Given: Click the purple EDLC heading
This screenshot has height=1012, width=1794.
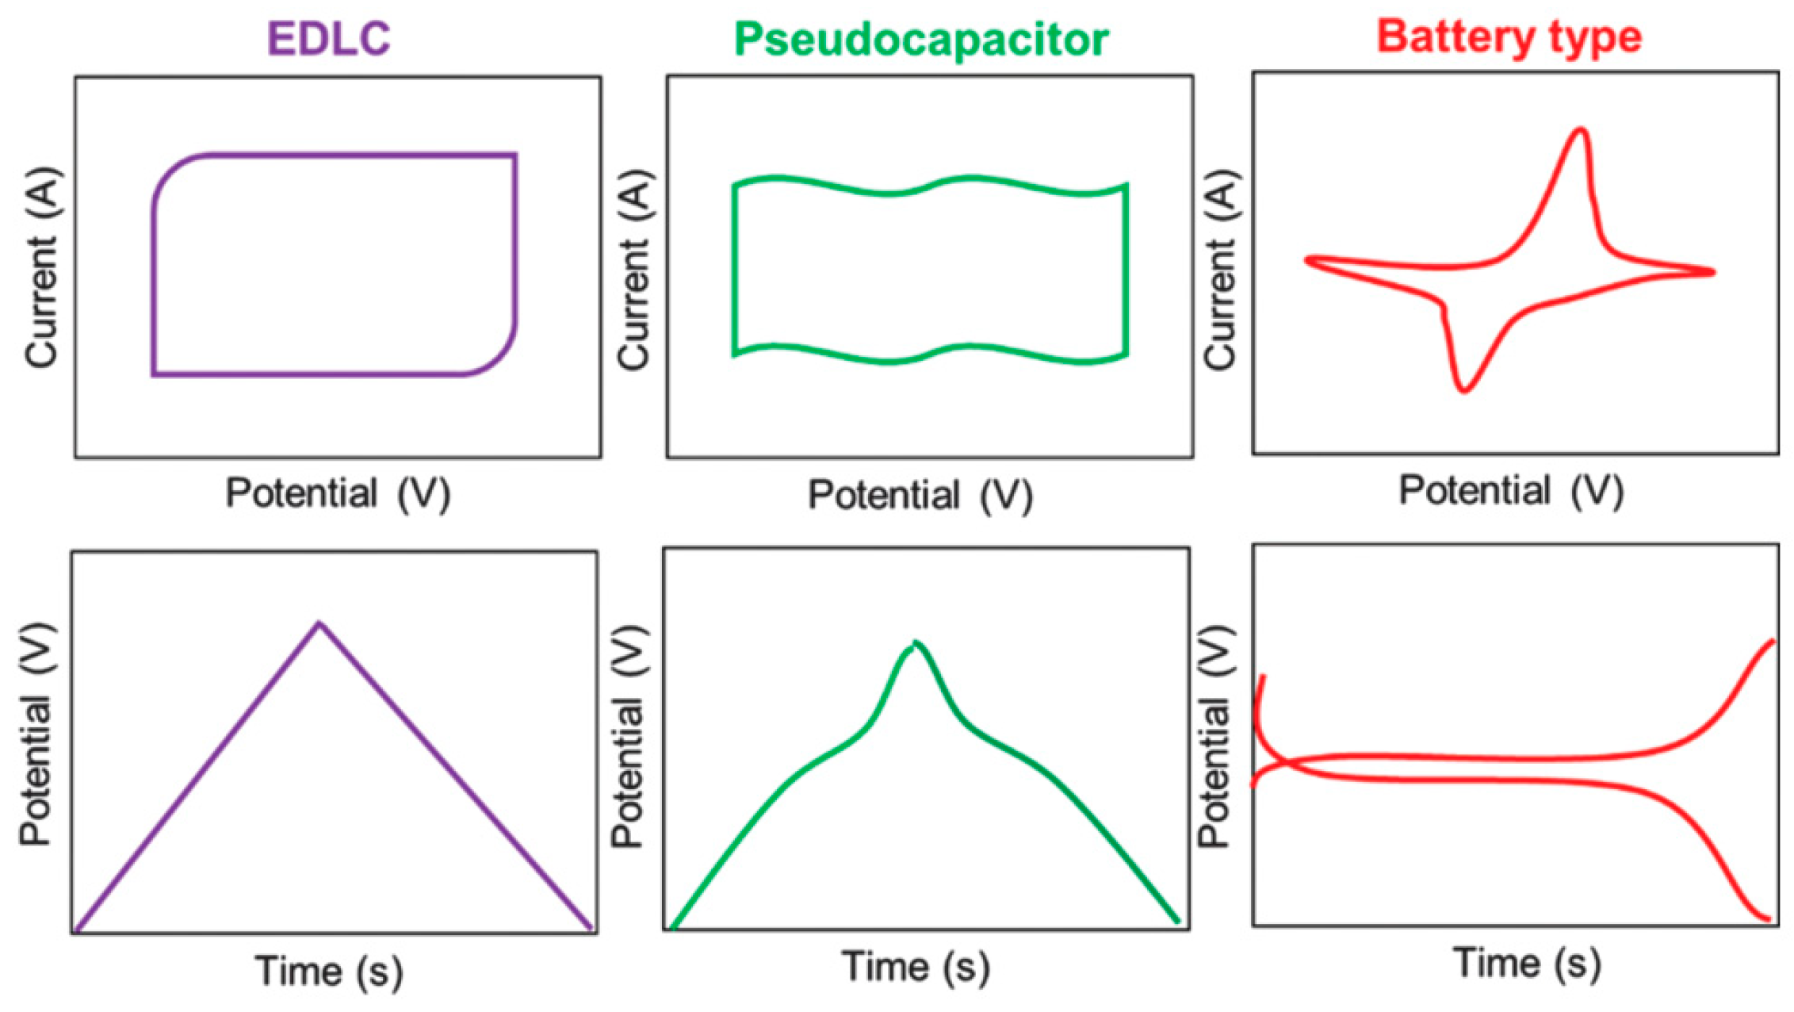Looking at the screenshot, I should click(x=329, y=37).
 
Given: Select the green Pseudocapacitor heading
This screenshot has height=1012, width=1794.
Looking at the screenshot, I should click(x=920, y=39).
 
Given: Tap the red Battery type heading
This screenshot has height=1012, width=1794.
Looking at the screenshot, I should click(x=1509, y=36).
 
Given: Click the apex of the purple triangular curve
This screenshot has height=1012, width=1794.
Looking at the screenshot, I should click(x=319, y=623).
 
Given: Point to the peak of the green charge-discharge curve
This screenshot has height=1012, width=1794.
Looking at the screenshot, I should click(x=916, y=642).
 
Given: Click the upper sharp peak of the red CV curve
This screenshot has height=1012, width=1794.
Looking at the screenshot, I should click(x=1581, y=130).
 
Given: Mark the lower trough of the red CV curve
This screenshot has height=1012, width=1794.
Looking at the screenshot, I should click(x=1463, y=389).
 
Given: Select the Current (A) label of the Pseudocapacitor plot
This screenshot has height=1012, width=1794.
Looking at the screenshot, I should click(x=633, y=270).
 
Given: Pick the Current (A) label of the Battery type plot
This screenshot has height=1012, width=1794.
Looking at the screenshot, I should click(x=1220, y=270).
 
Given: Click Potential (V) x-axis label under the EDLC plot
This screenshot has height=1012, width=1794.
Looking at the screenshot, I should click(x=338, y=493).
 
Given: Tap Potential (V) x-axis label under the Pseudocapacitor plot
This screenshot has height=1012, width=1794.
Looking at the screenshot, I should click(x=920, y=496).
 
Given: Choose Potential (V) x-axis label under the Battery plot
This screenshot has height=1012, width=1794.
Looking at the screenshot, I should click(x=1510, y=491).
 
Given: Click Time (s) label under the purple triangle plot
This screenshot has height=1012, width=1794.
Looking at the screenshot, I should click(x=328, y=970).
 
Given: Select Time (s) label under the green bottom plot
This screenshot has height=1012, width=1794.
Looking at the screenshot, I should click(x=916, y=967).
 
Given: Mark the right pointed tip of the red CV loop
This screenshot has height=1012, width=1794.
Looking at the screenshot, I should click(x=1712, y=272).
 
